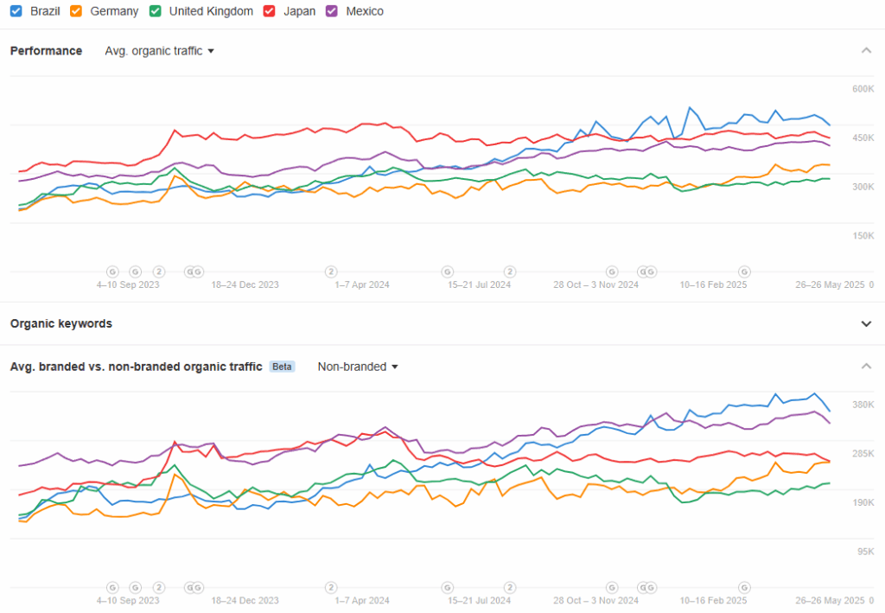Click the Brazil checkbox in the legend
(16, 11)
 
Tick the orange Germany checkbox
(76, 11)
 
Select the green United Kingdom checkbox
(156, 11)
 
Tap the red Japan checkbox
(270, 11)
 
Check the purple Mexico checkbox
(333, 11)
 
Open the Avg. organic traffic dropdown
(159, 51)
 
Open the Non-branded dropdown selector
(358, 367)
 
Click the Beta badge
(283, 367)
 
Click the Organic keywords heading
(61, 323)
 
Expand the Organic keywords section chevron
(866, 323)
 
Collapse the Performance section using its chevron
(866, 51)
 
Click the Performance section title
(47, 51)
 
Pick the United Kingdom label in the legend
(211, 11)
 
